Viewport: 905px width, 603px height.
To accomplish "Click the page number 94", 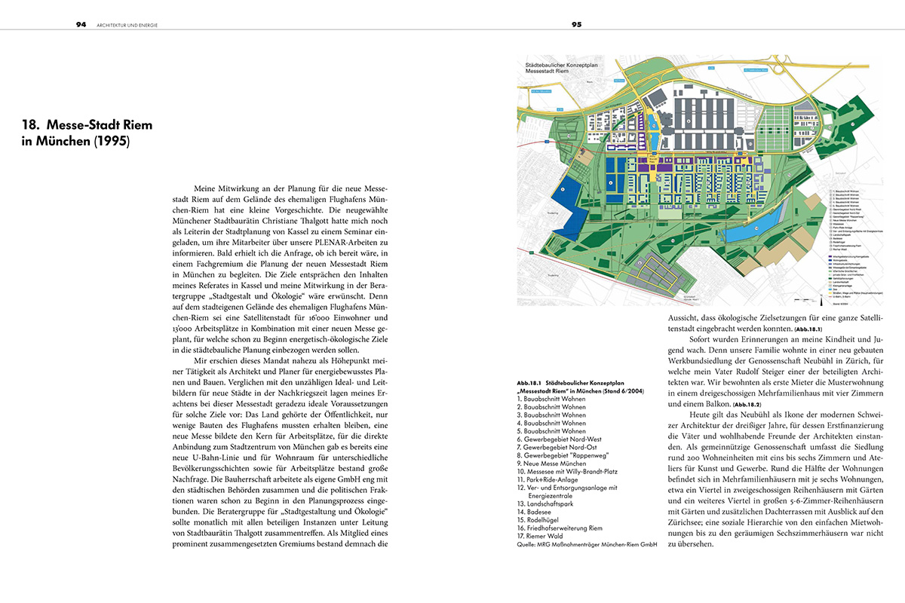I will (81, 25).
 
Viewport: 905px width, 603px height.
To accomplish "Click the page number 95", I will (575, 25).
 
